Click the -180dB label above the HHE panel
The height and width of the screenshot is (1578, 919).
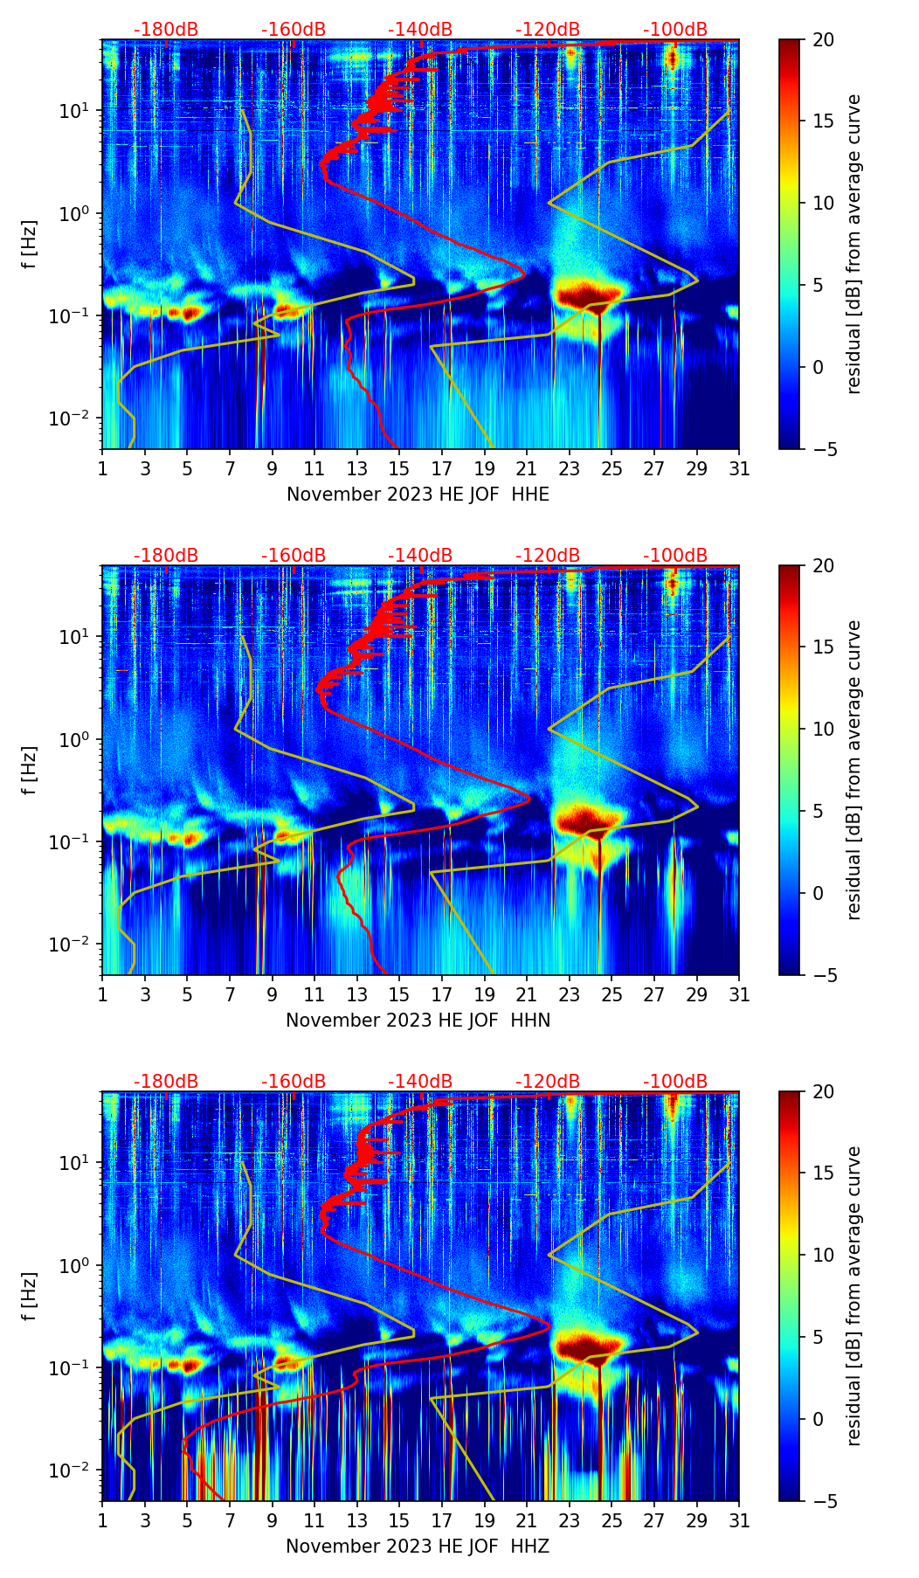(x=166, y=30)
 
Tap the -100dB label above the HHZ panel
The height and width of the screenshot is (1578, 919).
(x=675, y=1082)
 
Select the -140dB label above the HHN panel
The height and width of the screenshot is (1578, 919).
(x=420, y=556)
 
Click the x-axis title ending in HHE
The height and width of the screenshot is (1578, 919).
(x=418, y=495)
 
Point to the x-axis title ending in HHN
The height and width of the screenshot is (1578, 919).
(x=418, y=1021)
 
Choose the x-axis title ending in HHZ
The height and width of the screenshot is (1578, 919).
(x=418, y=1547)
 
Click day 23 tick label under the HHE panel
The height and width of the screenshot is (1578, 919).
(x=570, y=470)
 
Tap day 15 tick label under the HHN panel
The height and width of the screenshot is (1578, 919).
(x=399, y=996)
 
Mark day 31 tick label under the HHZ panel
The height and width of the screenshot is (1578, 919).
(x=739, y=1522)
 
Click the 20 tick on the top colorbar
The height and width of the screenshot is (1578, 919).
(x=823, y=40)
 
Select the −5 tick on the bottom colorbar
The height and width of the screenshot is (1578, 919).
(x=823, y=1501)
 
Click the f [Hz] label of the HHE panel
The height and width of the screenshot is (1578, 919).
(x=30, y=245)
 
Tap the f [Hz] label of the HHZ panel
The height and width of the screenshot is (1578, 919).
(x=30, y=1297)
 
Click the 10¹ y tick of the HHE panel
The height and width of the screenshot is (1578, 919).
(x=79, y=111)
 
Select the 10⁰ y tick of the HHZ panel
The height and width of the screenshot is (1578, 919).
(x=79, y=1265)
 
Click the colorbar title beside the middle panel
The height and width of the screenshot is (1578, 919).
(x=854, y=770)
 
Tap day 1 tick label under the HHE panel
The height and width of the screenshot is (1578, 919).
(x=102, y=470)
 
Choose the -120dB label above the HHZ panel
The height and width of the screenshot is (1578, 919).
(x=548, y=1082)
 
